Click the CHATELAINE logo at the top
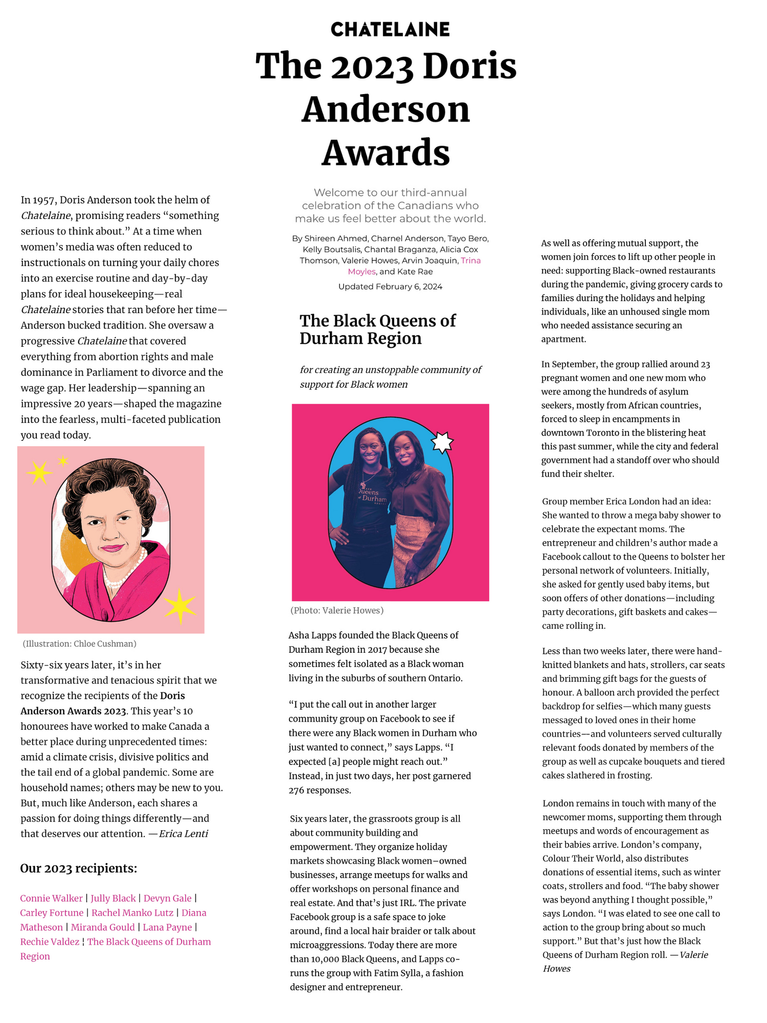pos(390,29)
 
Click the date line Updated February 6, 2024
pos(390,286)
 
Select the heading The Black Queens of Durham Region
pos(377,329)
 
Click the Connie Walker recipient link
pos(51,898)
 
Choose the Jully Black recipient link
pos(113,898)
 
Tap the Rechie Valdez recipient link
pos(50,942)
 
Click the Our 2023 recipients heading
pos(78,869)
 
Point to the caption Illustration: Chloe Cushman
pos(79,643)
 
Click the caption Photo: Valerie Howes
pos(337,610)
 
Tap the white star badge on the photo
pos(442,442)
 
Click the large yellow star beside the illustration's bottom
pos(179,606)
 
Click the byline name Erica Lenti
pos(183,834)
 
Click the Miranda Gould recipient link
pos(103,927)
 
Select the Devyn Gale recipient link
pos(167,898)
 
